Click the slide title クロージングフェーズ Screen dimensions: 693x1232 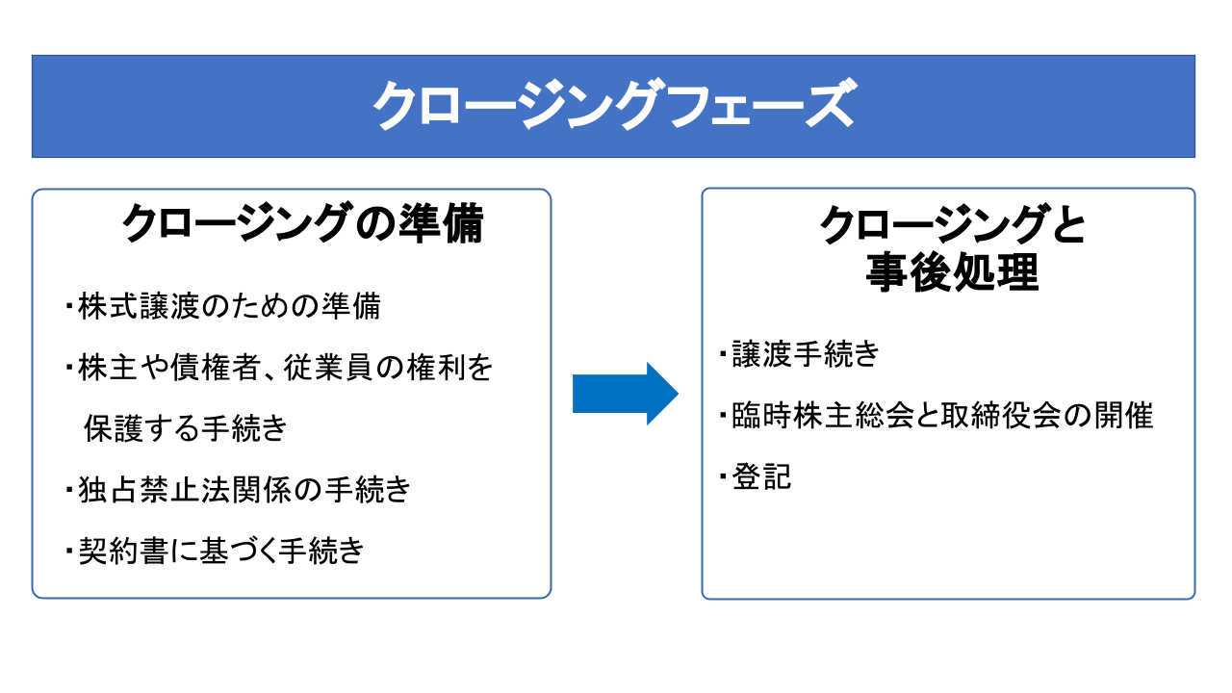coord(613,106)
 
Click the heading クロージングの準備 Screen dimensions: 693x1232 coord(302,225)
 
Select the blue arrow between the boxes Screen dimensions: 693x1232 coord(626,394)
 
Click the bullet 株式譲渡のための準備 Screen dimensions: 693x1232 coord(229,306)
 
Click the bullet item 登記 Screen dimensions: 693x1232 coord(761,476)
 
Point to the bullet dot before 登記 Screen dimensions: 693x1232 coord(724,476)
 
